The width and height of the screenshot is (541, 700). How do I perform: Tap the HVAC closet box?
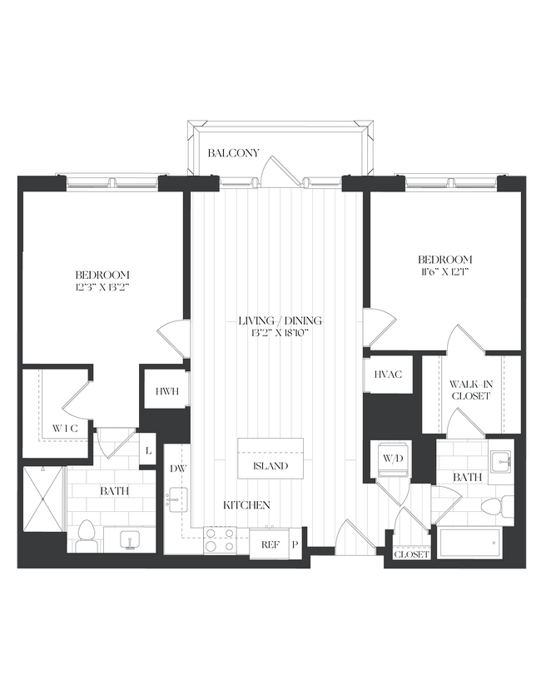click(x=387, y=375)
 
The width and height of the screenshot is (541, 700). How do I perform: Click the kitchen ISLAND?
click(x=270, y=465)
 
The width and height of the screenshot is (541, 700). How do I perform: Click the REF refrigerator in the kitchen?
click(x=269, y=545)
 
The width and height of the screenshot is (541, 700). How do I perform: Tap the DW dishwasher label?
click(x=177, y=469)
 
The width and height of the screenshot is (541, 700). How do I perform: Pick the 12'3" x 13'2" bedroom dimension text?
click(x=102, y=286)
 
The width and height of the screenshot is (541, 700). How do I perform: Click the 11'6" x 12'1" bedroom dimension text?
click(x=445, y=271)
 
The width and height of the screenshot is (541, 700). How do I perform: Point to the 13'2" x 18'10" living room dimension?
click(x=280, y=332)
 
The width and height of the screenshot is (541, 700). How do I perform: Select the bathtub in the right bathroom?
click(x=470, y=544)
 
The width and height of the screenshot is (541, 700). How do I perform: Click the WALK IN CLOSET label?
click(x=471, y=390)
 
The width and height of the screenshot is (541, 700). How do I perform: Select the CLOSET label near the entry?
click(x=411, y=554)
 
